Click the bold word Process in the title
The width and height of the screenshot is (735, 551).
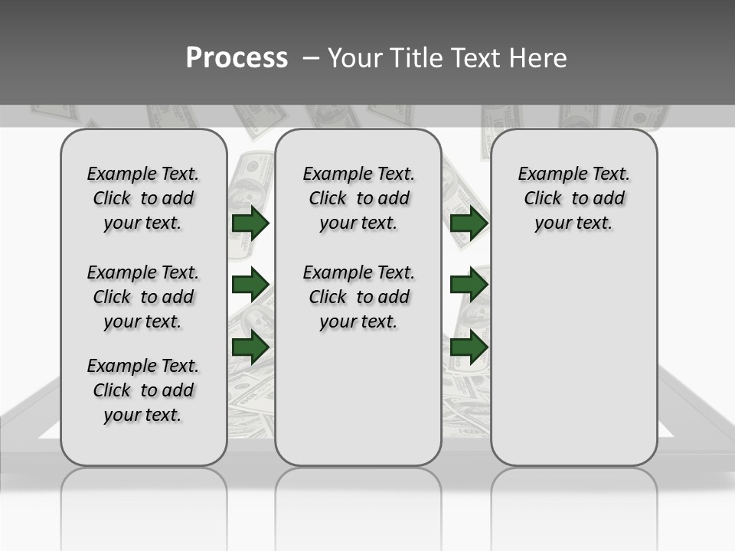237,58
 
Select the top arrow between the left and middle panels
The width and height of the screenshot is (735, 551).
250,223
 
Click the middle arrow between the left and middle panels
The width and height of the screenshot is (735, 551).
250,285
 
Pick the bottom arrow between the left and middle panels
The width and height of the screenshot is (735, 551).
250,347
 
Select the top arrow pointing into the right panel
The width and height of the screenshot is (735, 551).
469,223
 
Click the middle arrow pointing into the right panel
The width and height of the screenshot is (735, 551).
469,285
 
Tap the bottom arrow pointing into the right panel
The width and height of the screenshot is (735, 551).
469,347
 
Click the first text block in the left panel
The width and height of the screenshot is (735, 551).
143,198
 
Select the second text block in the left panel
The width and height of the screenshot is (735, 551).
143,297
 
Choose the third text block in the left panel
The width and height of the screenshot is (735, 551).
143,390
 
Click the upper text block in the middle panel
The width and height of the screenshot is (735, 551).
358,198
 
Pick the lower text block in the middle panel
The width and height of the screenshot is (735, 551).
358,297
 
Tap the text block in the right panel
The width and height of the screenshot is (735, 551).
573,198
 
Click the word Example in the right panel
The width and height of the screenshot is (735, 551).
549,174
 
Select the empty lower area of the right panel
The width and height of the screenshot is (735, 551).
573,360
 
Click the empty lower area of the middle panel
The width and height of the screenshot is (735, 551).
358,398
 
